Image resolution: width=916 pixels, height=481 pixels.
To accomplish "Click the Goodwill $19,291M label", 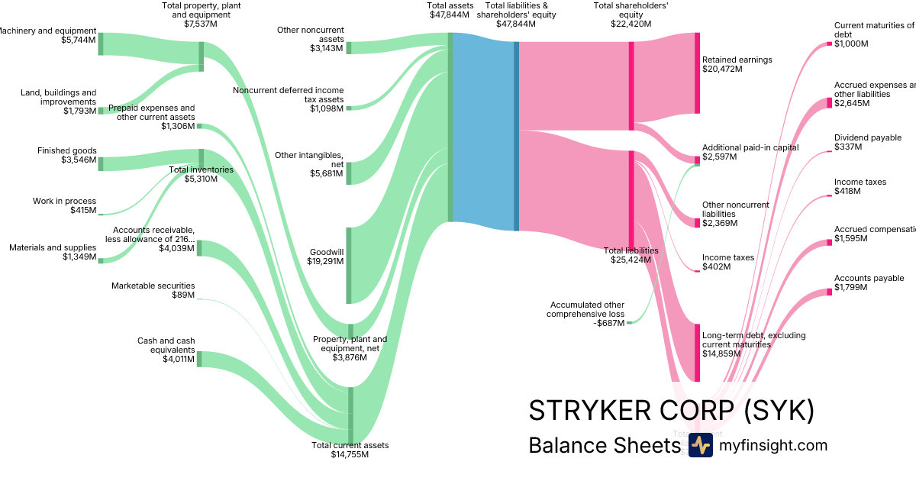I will pyautogui.click(x=326, y=257).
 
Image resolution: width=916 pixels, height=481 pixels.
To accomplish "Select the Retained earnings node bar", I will pyautogui.click(x=697, y=73).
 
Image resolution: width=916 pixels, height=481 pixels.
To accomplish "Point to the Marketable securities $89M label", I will pyautogui.click(x=153, y=290).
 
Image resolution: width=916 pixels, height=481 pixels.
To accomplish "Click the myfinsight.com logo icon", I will pyautogui.click(x=700, y=445).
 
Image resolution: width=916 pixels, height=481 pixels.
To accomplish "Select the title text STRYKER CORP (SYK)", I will pyautogui.click(x=671, y=411).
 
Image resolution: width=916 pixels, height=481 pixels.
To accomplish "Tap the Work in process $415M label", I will pyautogui.click(x=64, y=205).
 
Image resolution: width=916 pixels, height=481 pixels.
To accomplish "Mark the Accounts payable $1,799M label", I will pyautogui.click(x=869, y=282).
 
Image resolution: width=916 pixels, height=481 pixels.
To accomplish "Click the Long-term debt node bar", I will pyautogui.click(x=697, y=353).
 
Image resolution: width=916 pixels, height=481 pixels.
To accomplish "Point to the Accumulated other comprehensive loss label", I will pyautogui.click(x=585, y=314).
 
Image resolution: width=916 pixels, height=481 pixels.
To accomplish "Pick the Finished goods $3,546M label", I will pyautogui.click(x=67, y=156).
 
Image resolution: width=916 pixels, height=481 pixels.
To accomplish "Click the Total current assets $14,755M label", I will pyautogui.click(x=350, y=450).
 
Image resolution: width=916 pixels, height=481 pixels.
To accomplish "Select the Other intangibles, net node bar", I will pyautogui.click(x=349, y=173).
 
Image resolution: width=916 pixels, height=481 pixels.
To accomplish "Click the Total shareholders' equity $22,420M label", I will pyautogui.click(x=631, y=15).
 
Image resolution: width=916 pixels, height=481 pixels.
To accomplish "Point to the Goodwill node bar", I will pyautogui.click(x=349, y=266).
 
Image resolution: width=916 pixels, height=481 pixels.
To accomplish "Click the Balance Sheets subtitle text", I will pyautogui.click(x=603, y=446).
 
